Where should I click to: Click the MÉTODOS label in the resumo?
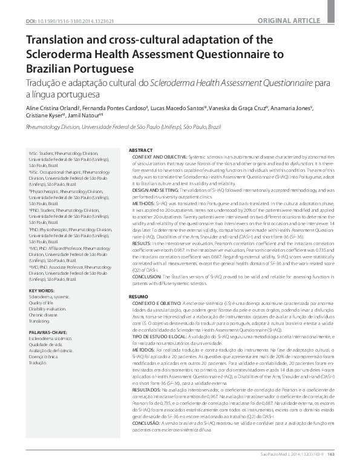click(x=148, y=349)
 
